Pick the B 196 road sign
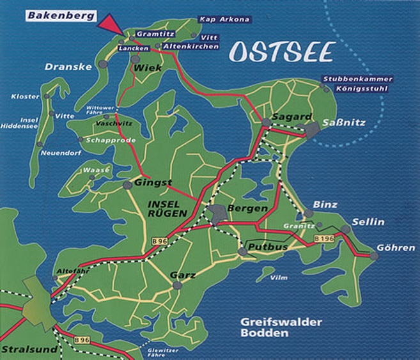[x=325, y=239]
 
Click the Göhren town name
[x=396, y=247]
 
